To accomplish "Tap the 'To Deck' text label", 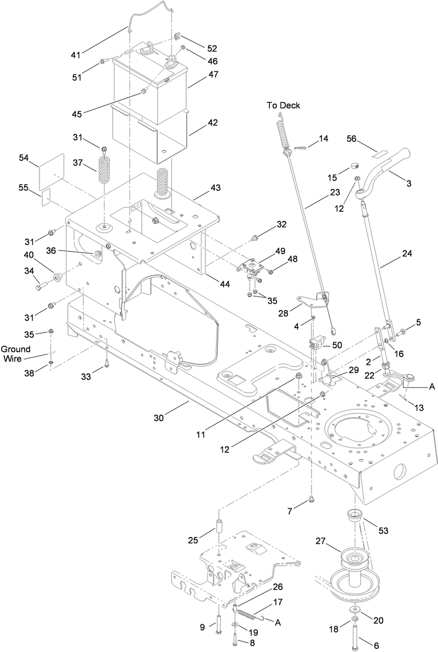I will pos(283,106).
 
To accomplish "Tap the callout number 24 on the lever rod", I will pos(406,253).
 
